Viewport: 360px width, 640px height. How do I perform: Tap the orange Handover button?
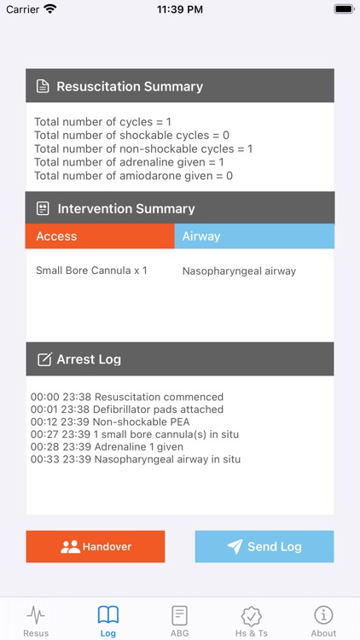(95, 546)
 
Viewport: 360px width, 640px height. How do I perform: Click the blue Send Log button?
(264, 546)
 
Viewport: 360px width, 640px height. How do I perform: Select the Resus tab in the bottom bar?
(36, 620)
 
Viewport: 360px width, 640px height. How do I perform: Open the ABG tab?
(179, 620)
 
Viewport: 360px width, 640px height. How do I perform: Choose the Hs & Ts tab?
(252, 620)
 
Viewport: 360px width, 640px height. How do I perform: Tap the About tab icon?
(323, 615)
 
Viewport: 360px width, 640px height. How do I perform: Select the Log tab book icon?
(108, 615)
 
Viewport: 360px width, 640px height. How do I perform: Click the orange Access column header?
(100, 236)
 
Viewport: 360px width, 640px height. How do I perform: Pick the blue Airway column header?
(254, 236)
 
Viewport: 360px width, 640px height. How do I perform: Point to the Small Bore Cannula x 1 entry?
(91, 271)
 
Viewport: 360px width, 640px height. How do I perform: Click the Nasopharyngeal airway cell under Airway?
(239, 271)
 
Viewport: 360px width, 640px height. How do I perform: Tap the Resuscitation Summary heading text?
(130, 86)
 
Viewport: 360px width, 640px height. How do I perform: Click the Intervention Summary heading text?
(125, 208)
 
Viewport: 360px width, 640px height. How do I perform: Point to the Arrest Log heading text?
(89, 359)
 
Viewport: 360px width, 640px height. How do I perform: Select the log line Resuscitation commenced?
(127, 397)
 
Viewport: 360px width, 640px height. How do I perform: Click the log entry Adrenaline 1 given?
(127, 447)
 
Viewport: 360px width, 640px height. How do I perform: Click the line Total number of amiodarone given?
(134, 176)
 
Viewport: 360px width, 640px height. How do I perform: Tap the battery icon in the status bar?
(343, 9)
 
